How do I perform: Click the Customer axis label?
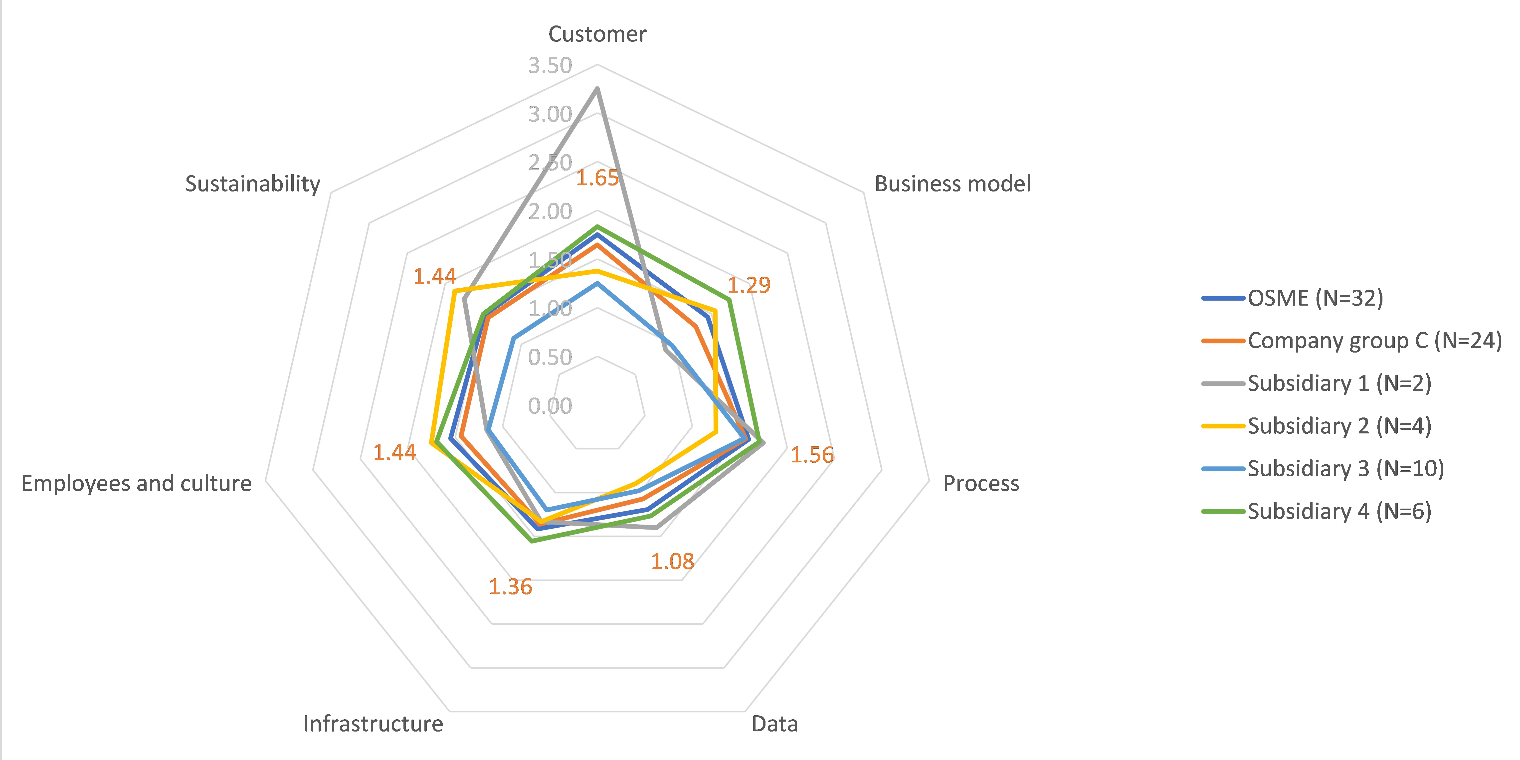(597, 34)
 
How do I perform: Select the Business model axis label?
(952, 184)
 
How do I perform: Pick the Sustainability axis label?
(253, 184)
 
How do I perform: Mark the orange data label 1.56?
(812, 455)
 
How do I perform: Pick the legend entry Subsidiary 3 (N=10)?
(1345, 469)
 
